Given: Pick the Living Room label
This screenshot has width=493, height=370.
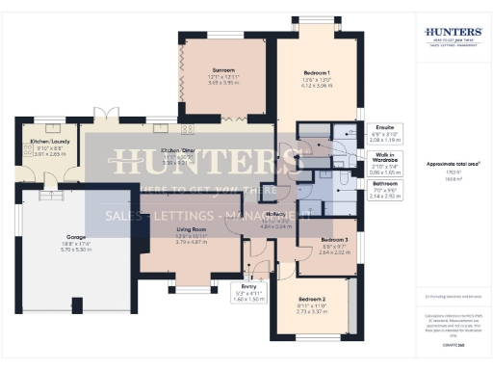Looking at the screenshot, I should [194, 230].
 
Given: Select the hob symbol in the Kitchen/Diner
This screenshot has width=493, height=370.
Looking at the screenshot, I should [187, 129].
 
